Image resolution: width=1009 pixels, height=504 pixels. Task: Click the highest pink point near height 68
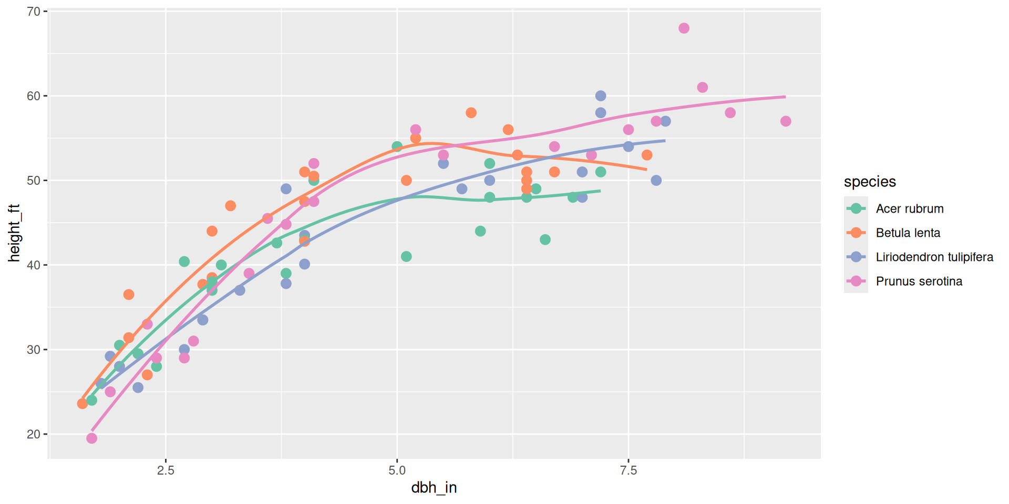click(684, 28)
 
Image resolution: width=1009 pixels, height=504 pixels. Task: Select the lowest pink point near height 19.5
click(91, 438)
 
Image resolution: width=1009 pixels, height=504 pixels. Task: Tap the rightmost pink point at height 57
click(786, 121)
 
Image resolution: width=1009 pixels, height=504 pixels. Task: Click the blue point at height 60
click(601, 96)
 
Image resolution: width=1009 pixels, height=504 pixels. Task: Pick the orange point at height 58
click(471, 113)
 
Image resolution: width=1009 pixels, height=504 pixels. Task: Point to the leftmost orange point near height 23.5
click(83, 404)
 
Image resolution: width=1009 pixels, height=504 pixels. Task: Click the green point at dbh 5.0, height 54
click(397, 146)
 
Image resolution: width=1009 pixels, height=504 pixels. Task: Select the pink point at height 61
click(703, 88)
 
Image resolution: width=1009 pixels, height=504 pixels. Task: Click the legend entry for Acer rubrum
click(909, 209)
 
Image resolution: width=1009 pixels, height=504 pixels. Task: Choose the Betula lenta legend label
click(908, 233)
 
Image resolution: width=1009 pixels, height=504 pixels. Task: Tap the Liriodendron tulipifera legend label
click(934, 257)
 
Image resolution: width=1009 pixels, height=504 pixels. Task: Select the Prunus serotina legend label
click(919, 281)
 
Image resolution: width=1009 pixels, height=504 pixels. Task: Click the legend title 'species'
click(870, 182)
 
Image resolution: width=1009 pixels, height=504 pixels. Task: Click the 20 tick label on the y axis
click(34, 434)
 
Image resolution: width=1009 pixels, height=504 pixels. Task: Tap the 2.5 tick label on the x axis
click(166, 470)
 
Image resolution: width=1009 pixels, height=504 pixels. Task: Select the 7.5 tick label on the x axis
click(629, 470)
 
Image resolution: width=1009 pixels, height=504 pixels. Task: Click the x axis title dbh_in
click(434, 488)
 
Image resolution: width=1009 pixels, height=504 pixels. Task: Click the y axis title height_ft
click(14, 233)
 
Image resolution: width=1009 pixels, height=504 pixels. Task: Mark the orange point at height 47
click(230, 206)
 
